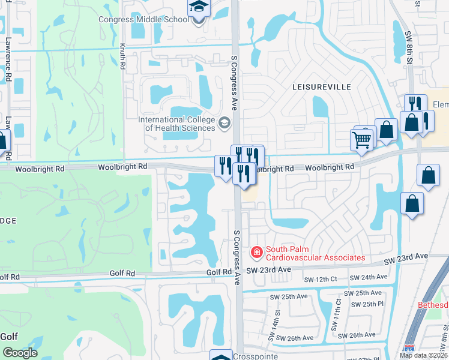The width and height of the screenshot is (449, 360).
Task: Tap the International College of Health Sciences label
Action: [176, 124]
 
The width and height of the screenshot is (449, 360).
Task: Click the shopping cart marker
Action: [362, 140]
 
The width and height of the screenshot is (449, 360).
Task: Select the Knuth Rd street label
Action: [122, 56]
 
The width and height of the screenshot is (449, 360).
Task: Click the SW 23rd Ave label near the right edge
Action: [408, 257]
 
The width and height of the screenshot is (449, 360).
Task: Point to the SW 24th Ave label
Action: [368, 278]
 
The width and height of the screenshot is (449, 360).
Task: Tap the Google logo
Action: [20, 353]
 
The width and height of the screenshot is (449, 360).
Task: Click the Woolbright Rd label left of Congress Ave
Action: [122, 167]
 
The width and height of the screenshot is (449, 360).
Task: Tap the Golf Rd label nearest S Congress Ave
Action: [220, 272]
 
